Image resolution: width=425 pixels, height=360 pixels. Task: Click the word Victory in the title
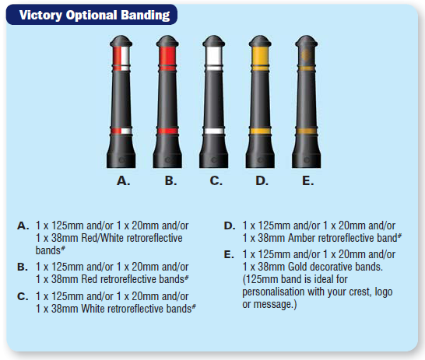click(x=40, y=15)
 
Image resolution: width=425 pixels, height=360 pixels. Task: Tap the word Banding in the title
click(x=146, y=16)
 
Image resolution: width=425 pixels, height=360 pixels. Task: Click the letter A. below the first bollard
click(x=123, y=180)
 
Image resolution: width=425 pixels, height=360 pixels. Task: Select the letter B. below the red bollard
click(x=170, y=180)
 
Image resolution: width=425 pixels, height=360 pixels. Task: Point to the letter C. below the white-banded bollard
click(x=216, y=180)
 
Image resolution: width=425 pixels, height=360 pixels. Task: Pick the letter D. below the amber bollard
click(x=262, y=180)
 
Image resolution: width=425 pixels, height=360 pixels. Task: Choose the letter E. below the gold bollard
click(x=308, y=180)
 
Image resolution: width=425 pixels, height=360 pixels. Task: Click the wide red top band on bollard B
click(x=167, y=56)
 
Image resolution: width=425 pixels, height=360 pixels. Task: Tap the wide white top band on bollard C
click(x=214, y=56)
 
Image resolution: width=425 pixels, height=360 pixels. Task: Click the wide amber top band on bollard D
click(x=260, y=56)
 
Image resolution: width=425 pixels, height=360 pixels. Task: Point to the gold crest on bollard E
click(x=306, y=55)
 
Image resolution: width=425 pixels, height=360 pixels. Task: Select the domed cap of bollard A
click(x=121, y=41)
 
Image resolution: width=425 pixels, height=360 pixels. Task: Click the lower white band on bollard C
click(x=214, y=131)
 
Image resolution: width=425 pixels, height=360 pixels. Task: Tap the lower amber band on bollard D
click(x=260, y=131)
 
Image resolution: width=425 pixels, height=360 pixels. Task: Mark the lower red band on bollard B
click(x=167, y=131)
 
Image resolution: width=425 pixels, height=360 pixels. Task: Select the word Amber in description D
click(x=302, y=238)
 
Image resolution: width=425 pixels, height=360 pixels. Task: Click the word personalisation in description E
click(x=273, y=292)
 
